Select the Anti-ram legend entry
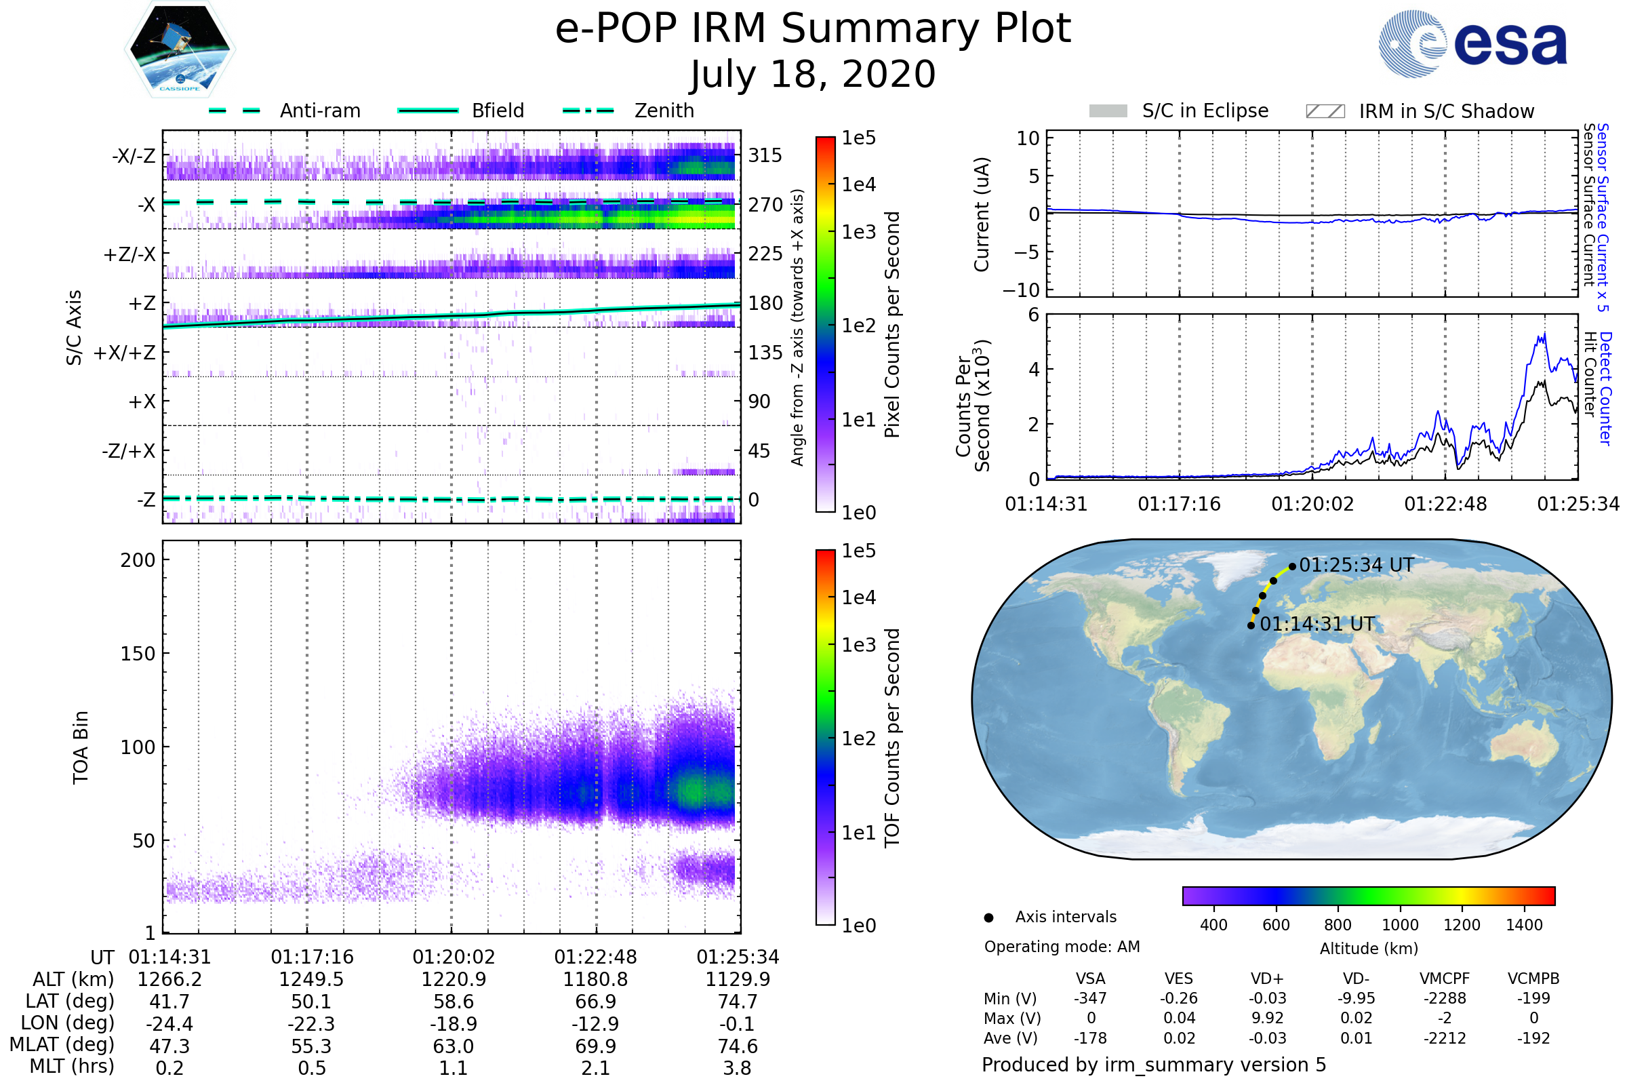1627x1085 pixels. pos(319,111)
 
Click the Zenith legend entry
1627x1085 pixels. pos(664,111)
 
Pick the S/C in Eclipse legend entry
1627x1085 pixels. pos(1205,111)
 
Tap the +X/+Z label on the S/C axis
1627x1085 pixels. pos(125,353)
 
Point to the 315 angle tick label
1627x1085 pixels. pos(765,155)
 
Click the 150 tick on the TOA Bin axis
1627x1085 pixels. pos(138,654)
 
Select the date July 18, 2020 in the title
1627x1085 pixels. pos(813,74)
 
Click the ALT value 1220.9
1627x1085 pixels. pos(454,979)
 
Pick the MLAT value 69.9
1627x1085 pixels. pos(596,1046)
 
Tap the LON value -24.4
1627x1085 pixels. pos(169,1023)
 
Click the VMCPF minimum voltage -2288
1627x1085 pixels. pos(1445,998)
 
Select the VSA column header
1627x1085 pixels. pos(1090,979)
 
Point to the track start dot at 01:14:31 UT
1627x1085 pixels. pos(1251,625)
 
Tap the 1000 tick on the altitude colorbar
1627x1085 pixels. pos(1400,925)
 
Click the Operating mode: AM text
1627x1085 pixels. pos(1062,947)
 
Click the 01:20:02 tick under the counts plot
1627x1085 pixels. pos(1312,504)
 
